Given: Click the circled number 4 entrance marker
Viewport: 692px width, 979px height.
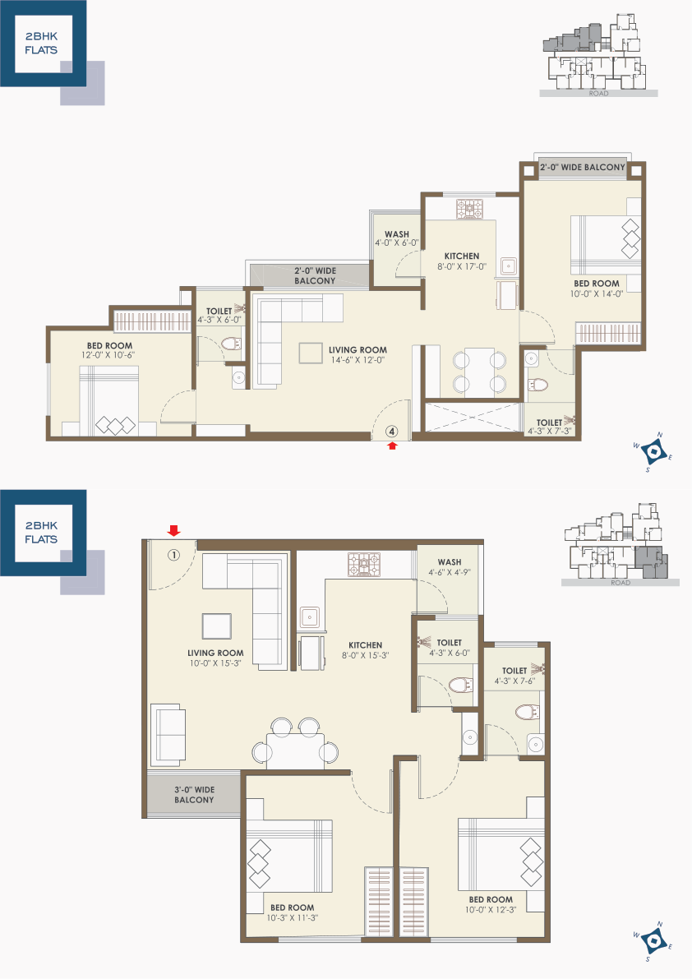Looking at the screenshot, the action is click(x=392, y=431).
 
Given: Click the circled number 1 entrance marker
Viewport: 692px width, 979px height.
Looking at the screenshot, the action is click(x=173, y=554).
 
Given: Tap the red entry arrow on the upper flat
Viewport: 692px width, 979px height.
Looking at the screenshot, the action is click(x=392, y=446).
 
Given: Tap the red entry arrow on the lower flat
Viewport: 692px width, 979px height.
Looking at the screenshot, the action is click(x=174, y=531).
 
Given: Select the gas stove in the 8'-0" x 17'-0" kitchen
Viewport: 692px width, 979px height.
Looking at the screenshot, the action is click(x=469, y=209).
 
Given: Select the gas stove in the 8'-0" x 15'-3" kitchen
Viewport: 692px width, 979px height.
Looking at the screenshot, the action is click(x=364, y=565).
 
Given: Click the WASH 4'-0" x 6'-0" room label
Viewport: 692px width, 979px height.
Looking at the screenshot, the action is click(x=397, y=238).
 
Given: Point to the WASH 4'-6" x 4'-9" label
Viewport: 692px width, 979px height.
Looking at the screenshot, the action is click(x=450, y=567).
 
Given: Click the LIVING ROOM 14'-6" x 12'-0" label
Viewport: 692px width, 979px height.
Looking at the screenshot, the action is click(x=358, y=354).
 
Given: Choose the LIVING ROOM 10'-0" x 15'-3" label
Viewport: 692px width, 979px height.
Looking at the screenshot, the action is click(x=215, y=658).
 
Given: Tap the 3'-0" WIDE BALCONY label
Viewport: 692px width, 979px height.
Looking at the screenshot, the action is click(x=194, y=794).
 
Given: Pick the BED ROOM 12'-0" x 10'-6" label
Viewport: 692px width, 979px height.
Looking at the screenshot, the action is click(x=109, y=350).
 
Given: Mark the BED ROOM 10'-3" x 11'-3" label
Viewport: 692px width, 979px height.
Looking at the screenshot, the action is click(x=292, y=912).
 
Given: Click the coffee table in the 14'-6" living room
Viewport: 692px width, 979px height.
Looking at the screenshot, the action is click(x=311, y=353).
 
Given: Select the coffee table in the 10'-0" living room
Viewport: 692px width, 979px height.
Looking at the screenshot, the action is click(x=216, y=626).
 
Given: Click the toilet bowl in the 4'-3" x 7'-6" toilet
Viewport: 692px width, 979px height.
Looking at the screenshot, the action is click(x=528, y=712).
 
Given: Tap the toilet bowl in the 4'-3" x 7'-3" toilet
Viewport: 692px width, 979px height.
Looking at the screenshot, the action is click(x=537, y=384).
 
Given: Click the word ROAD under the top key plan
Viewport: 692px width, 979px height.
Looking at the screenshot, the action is click(x=598, y=94).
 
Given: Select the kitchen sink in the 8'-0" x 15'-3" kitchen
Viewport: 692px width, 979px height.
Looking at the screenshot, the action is click(x=310, y=617).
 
